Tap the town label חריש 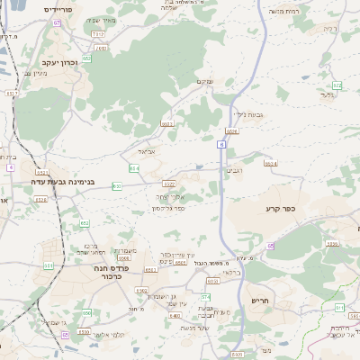pos(260,301)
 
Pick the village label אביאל pos(148,152)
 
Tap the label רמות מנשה pos(282,11)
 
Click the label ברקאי pos(231,272)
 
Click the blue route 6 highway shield pos(220,142)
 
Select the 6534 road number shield pos(270,163)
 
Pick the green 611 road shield pos(49,265)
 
